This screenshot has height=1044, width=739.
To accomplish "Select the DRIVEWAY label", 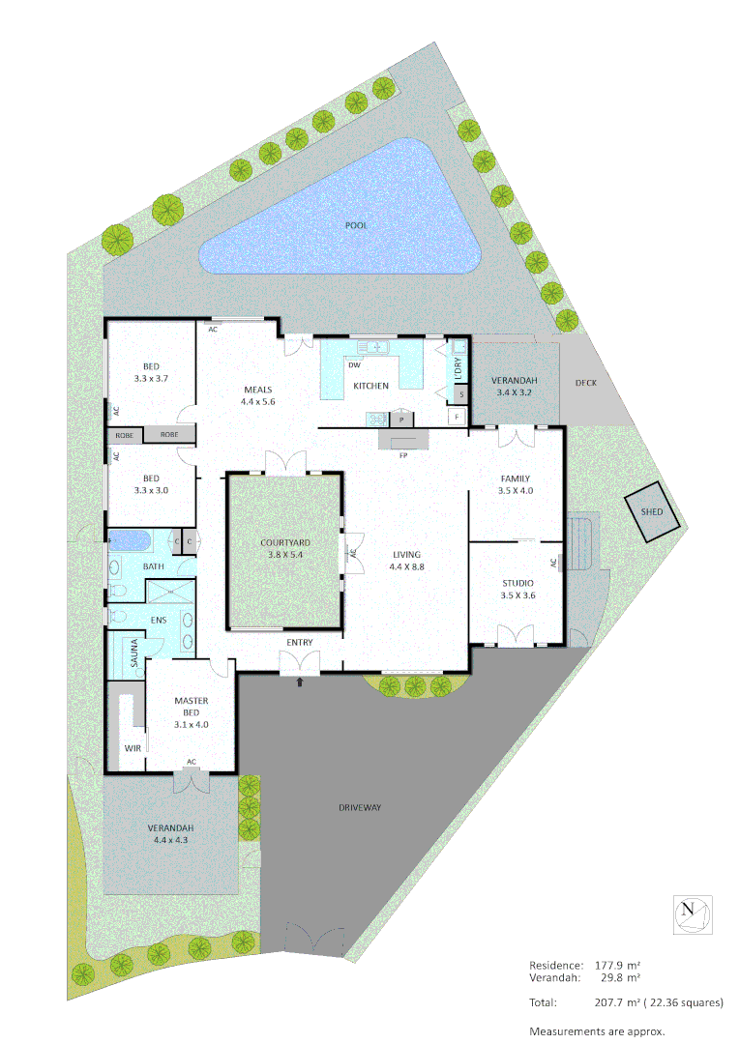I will (362, 807).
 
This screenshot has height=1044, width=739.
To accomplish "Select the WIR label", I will (133, 748).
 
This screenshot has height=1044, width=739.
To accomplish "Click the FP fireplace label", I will (402, 455).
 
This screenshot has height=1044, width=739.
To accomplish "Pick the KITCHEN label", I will (370, 386).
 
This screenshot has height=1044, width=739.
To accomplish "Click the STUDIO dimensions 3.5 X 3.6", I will (517, 595).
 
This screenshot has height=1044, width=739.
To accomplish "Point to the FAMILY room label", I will (515, 478).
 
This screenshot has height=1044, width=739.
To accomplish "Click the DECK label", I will (586, 383).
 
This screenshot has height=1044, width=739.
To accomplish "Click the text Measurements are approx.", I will (597, 1030).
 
